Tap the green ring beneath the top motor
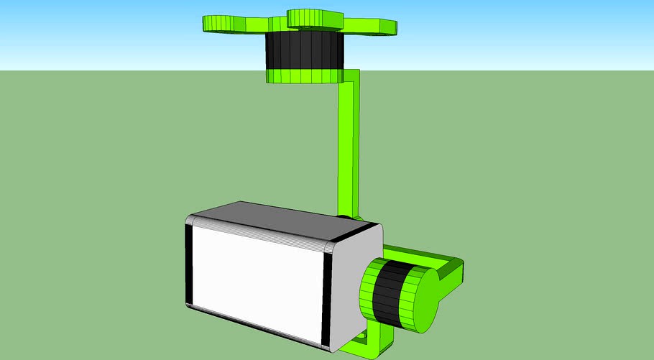click(302, 75)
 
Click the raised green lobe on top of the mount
click(315, 18)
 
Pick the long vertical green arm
click(350, 151)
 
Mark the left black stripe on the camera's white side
click(190, 266)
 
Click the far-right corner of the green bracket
click(460, 268)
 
